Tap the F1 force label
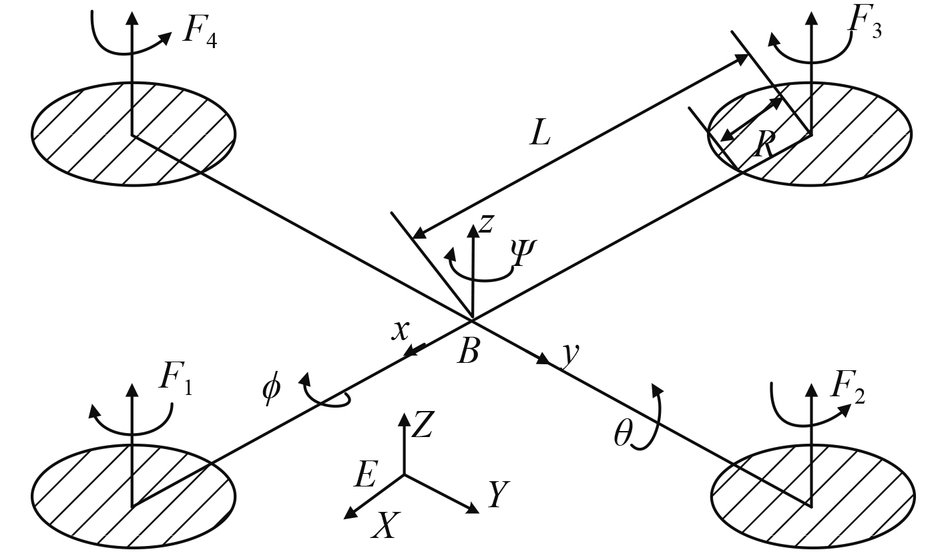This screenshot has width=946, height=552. pyautogui.click(x=175, y=379)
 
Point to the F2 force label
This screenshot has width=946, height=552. pyautogui.click(x=850, y=394)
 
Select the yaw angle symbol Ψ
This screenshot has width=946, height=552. pyautogui.click(x=523, y=252)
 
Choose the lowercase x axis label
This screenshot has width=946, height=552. pyautogui.click(x=400, y=331)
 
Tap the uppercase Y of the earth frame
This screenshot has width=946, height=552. pyautogui.click(x=497, y=495)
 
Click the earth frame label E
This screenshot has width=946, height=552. pyautogui.click(x=366, y=476)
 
